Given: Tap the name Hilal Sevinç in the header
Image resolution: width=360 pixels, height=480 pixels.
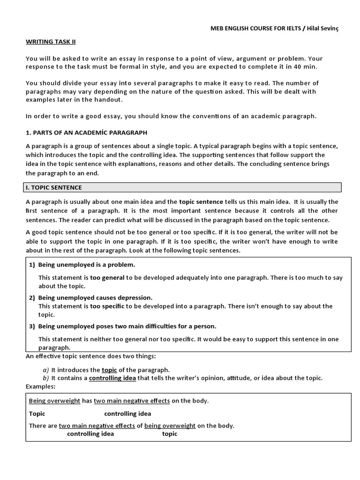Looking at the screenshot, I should (x=323, y=29).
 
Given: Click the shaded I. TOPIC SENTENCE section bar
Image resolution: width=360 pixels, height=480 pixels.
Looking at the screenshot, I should (x=183, y=187).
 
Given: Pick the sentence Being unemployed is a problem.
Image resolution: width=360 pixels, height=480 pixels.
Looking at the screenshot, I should (x=86, y=264).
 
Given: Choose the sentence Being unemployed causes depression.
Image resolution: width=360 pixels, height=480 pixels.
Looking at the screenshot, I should (x=95, y=298).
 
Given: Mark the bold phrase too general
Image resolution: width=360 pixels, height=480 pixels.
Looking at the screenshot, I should (x=107, y=277).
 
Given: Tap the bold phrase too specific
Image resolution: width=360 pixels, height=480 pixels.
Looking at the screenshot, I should (x=107, y=306).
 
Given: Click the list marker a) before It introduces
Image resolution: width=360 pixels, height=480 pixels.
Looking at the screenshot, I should (x=45, y=369).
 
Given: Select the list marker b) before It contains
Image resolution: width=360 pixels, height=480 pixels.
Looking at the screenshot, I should (x=45, y=378).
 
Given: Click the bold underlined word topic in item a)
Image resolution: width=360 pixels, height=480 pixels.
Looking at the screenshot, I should (x=109, y=369).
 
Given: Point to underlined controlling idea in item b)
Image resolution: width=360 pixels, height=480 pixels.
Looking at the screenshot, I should (x=112, y=378).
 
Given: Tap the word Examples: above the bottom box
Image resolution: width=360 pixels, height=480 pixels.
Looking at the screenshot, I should (x=41, y=386).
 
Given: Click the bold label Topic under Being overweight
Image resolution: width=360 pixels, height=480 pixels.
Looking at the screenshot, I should (x=37, y=413).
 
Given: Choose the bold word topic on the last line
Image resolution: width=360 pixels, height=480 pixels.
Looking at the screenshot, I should (x=170, y=434).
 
